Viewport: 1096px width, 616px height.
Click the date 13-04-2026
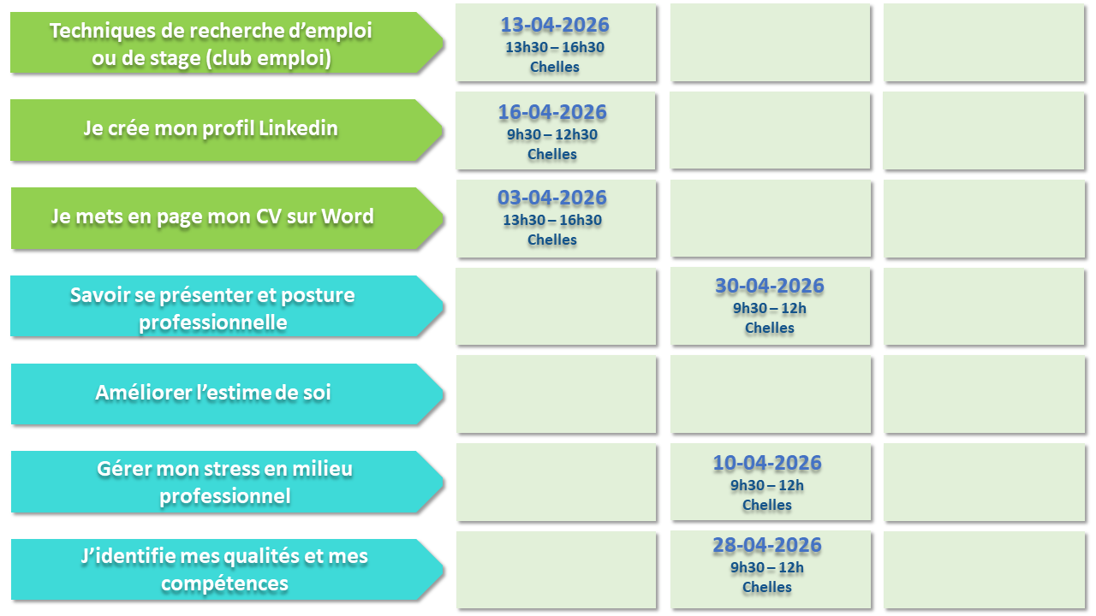tap(555, 25)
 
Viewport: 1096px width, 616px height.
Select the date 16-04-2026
tap(552, 112)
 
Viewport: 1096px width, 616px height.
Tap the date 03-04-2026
tap(552, 198)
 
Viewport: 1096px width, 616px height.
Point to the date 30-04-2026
tap(769, 286)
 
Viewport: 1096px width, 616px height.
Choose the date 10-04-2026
tap(767, 463)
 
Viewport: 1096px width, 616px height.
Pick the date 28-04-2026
tap(767, 545)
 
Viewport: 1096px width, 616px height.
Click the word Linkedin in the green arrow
tap(298, 128)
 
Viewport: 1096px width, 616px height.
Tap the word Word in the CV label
tap(348, 216)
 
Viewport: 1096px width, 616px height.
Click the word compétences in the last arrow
tap(224, 584)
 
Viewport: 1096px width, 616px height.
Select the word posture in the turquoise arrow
tap(318, 295)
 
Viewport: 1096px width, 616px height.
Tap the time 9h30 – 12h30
tap(552, 134)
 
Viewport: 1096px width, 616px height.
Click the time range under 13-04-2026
tap(555, 47)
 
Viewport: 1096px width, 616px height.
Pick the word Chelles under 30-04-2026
tap(769, 328)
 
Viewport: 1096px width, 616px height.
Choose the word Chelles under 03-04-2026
tap(552, 240)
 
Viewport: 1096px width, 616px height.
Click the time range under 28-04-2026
tap(767, 567)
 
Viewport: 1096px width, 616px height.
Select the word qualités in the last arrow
tap(260, 557)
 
